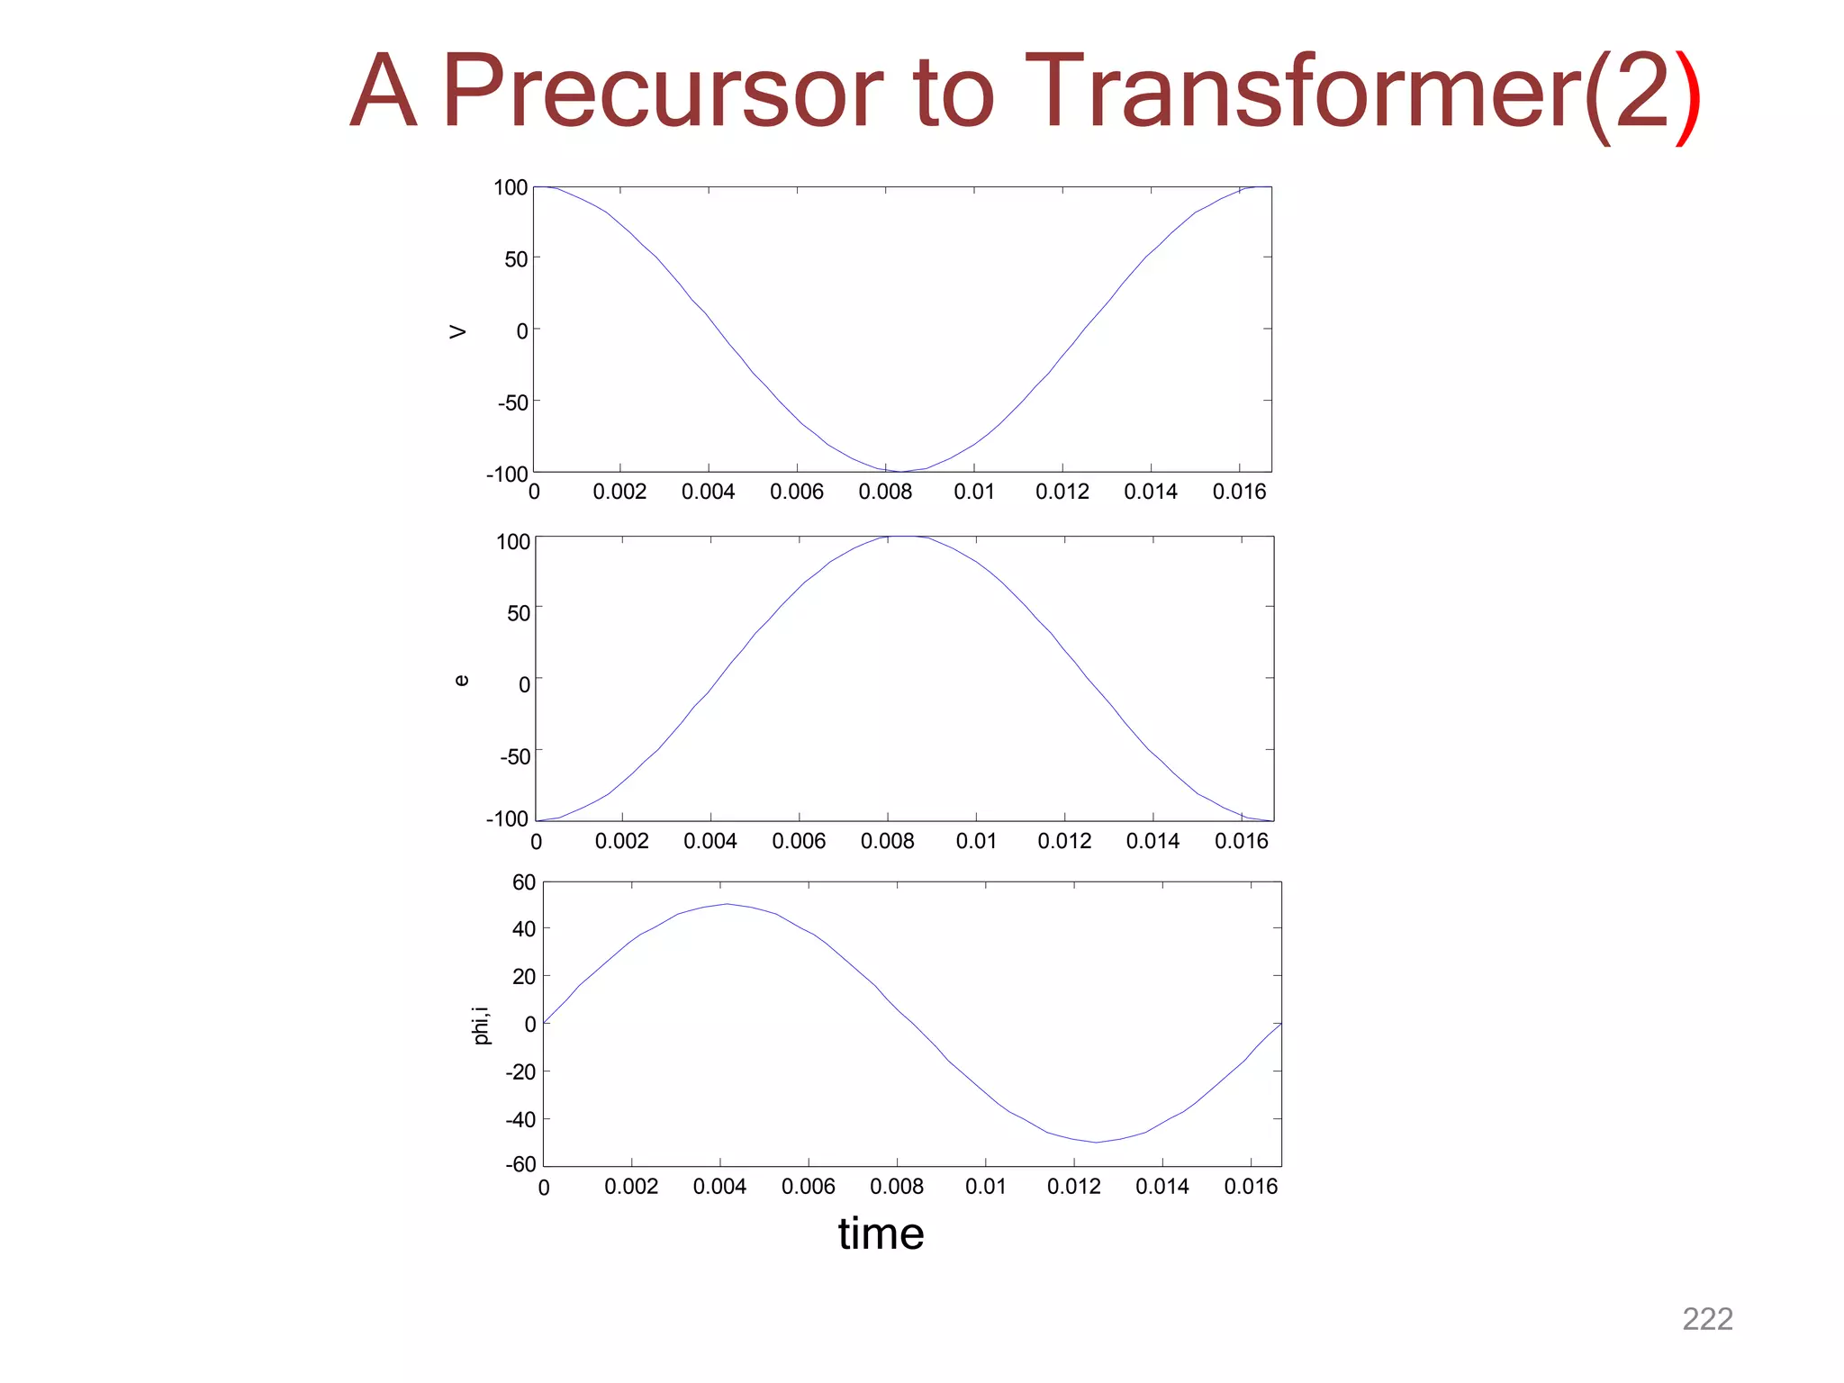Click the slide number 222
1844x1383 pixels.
point(1707,1319)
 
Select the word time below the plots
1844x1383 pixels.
point(881,1234)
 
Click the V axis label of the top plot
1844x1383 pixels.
point(458,331)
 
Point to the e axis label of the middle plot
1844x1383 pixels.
point(461,681)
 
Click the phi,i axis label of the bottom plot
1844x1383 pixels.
point(483,1026)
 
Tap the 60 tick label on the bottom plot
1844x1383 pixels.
point(524,882)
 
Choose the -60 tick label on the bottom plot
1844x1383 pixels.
point(520,1164)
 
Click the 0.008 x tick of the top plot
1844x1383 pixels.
point(885,492)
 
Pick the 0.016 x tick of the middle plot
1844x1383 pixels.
point(1241,841)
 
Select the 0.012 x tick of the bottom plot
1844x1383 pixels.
point(1073,1187)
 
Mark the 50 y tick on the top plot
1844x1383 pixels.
point(516,259)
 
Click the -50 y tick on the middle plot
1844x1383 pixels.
point(515,756)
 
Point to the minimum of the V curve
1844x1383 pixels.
point(901,471)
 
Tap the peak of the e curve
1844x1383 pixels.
point(904,537)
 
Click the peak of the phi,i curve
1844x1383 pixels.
point(727,904)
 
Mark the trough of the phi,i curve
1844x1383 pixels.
point(1096,1143)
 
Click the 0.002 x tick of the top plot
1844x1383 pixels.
point(619,492)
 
